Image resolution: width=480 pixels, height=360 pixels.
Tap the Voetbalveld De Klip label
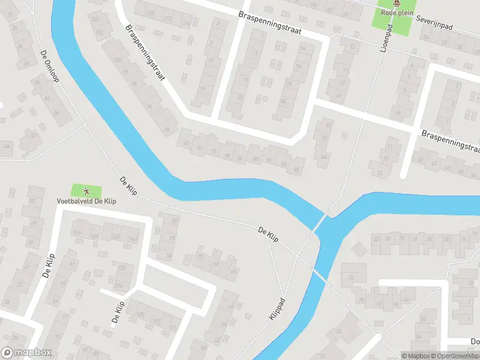coord(86,200)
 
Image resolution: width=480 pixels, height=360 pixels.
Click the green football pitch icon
coord(86,191)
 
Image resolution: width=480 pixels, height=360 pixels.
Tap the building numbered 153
coord(76,233)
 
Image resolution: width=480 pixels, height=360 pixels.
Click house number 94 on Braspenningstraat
coord(167,130)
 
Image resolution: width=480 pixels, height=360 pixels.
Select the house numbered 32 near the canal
coord(377,239)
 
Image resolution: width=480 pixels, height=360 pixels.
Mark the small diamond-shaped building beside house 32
coord(359,248)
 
